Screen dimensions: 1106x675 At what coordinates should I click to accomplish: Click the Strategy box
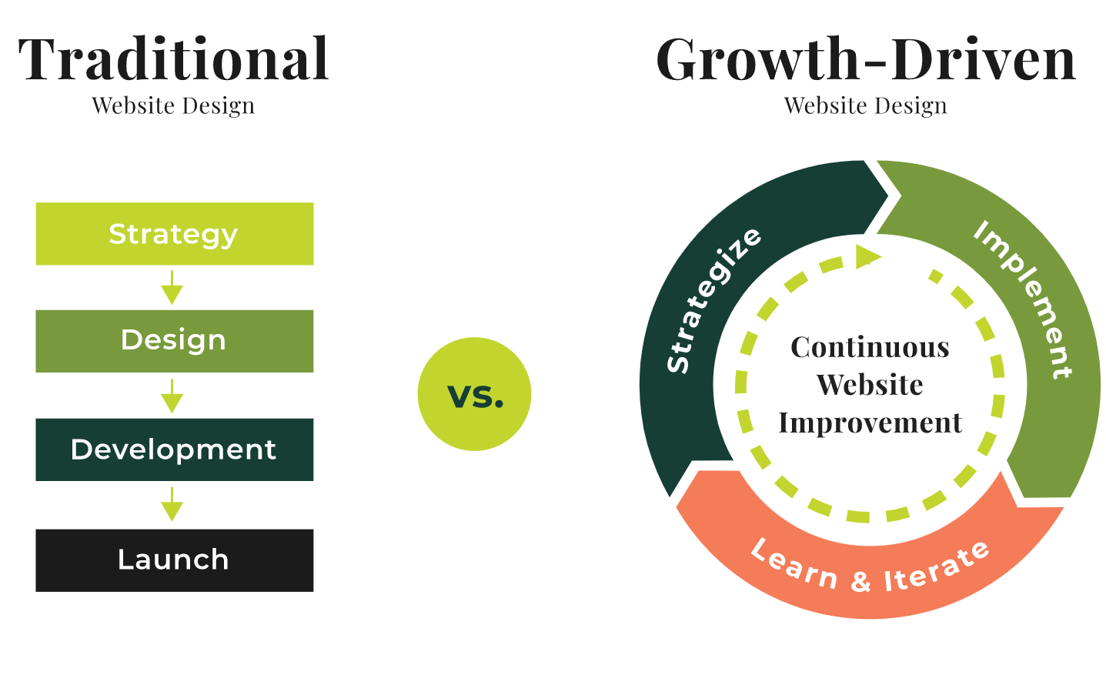coord(174,234)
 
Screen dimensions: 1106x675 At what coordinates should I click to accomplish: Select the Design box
coord(174,341)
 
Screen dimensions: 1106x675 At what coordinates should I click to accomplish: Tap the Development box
coord(174,449)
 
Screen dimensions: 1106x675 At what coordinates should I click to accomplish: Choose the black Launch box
coord(174,560)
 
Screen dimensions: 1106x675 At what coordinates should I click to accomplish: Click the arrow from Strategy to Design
coord(172,288)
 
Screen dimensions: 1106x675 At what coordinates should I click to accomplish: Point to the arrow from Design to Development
coord(172,396)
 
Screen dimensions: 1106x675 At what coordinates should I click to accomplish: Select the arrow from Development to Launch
coord(172,505)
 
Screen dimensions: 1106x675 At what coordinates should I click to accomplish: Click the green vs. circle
coord(474,394)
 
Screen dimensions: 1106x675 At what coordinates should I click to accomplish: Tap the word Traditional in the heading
coord(174,59)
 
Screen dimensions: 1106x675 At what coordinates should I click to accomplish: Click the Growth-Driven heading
coord(865,59)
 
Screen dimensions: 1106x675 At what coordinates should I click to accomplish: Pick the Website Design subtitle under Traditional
coord(173,105)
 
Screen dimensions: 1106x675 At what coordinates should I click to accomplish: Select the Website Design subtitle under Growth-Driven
coord(865,105)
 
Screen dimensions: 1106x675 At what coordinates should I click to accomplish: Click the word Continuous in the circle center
coord(870,347)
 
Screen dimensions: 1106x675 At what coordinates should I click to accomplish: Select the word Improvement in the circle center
coord(870,423)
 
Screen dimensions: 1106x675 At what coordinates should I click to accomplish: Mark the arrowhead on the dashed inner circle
coord(867,256)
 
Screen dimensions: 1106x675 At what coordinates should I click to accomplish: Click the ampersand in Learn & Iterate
coord(861,581)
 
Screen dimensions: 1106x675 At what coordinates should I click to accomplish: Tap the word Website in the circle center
coord(870,385)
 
